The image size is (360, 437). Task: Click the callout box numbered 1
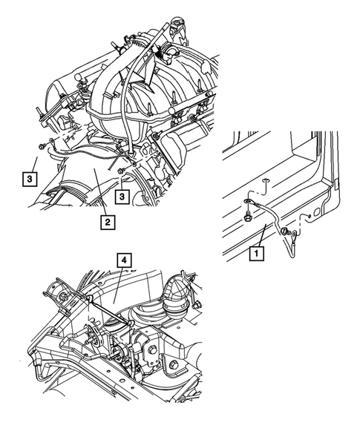tap(256, 253)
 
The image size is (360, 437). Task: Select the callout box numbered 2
tap(108, 220)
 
